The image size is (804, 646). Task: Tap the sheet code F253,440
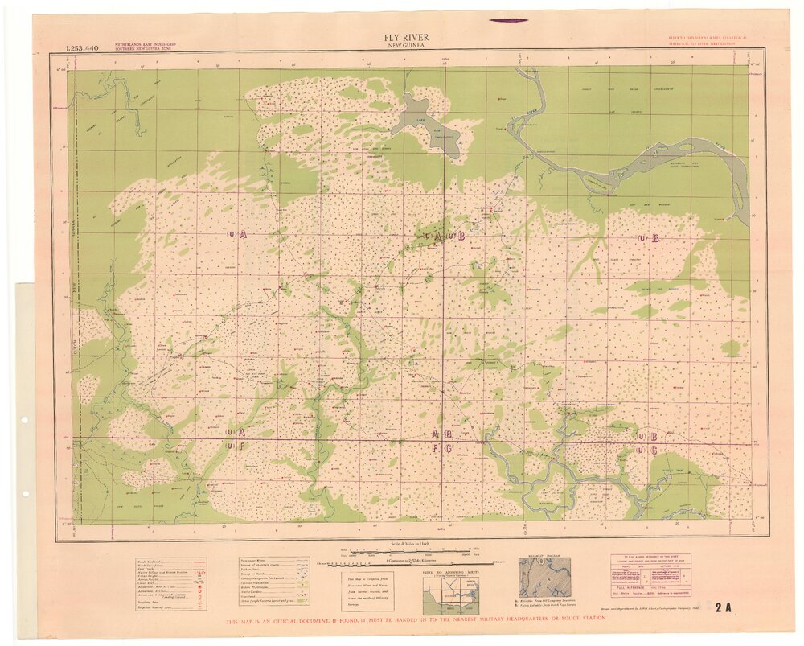coord(83,49)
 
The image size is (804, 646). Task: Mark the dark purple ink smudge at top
coord(507,20)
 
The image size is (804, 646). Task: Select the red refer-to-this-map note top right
coord(708,41)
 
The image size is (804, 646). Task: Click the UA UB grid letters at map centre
coord(444,237)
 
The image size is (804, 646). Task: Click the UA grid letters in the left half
coord(236,233)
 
